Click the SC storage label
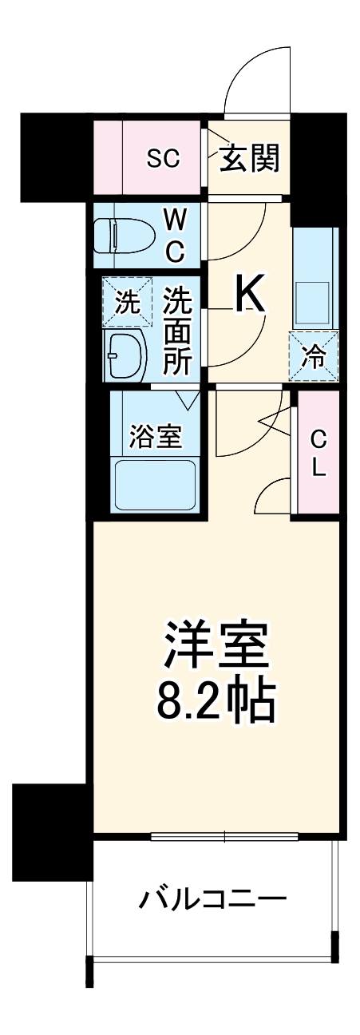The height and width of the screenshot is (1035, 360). (x=163, y=158)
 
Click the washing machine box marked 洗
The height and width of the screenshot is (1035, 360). (x=126, y=302)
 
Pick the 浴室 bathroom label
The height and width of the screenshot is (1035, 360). (x=156, y=436)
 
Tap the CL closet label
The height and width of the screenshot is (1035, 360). (x=318, y=453)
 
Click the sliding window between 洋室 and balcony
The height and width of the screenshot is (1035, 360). (x=224, y=837)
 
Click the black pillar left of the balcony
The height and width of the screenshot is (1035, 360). (x=49, y=830)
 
